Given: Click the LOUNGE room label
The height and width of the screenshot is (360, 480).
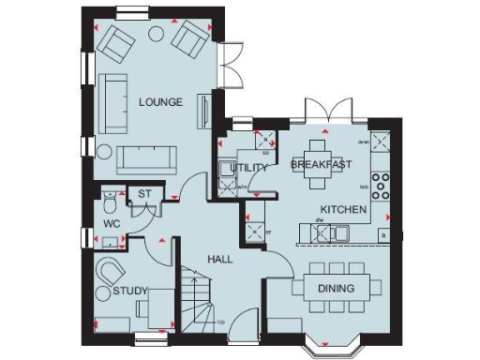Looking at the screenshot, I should pos(161,101).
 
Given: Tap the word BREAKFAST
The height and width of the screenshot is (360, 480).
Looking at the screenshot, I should pos(321,165).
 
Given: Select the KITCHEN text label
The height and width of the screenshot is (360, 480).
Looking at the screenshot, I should pos(345,208).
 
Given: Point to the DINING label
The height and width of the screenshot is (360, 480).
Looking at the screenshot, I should pos(336,288).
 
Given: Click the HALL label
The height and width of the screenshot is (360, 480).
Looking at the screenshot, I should pos(219,259).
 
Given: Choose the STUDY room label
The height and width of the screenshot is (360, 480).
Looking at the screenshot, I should pos(130,292).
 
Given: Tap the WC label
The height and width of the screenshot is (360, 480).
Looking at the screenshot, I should pos(111,225).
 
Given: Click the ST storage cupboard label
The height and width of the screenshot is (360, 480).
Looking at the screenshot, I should pos(144,195).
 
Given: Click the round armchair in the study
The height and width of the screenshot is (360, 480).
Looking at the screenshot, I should pos(111,272).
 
